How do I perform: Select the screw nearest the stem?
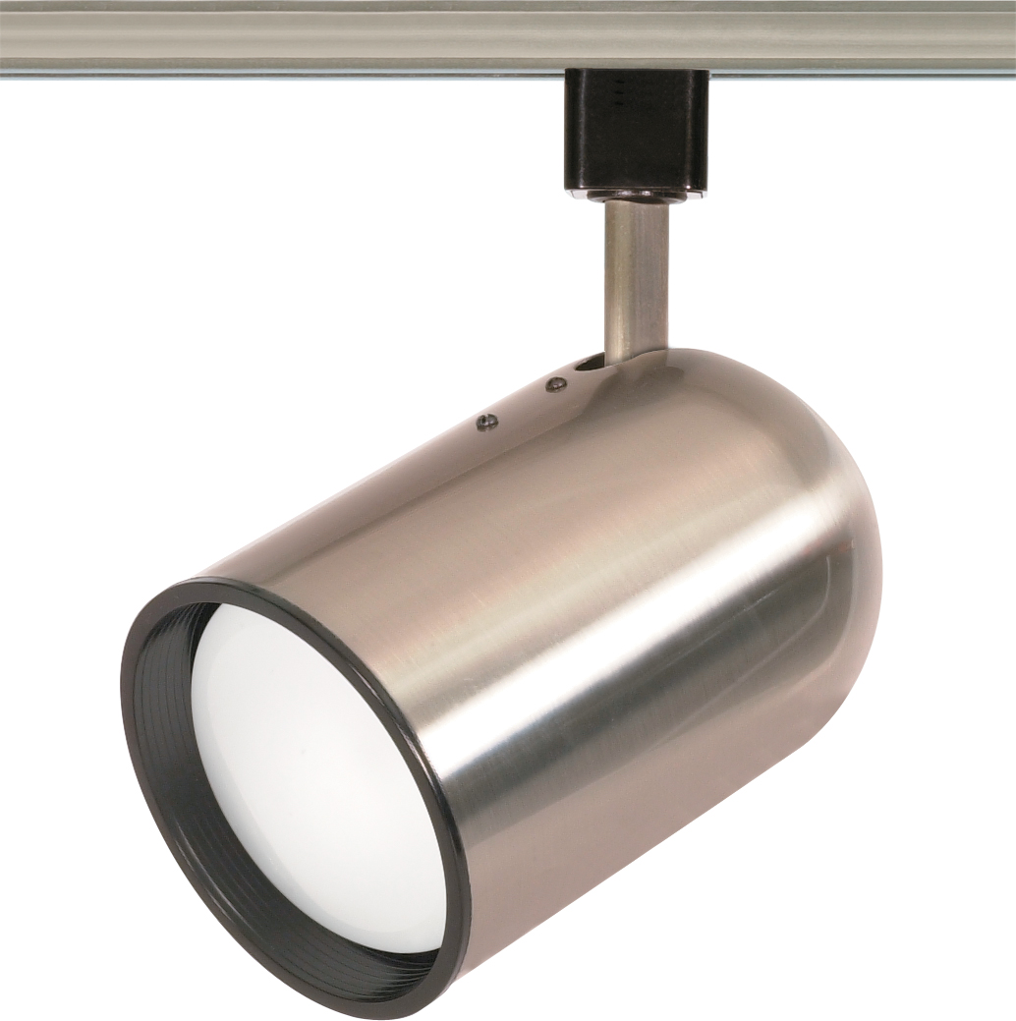(x=556, y=382)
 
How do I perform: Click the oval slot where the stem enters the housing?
(x=590, y=364)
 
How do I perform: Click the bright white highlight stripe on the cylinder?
(x=629, y=629)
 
